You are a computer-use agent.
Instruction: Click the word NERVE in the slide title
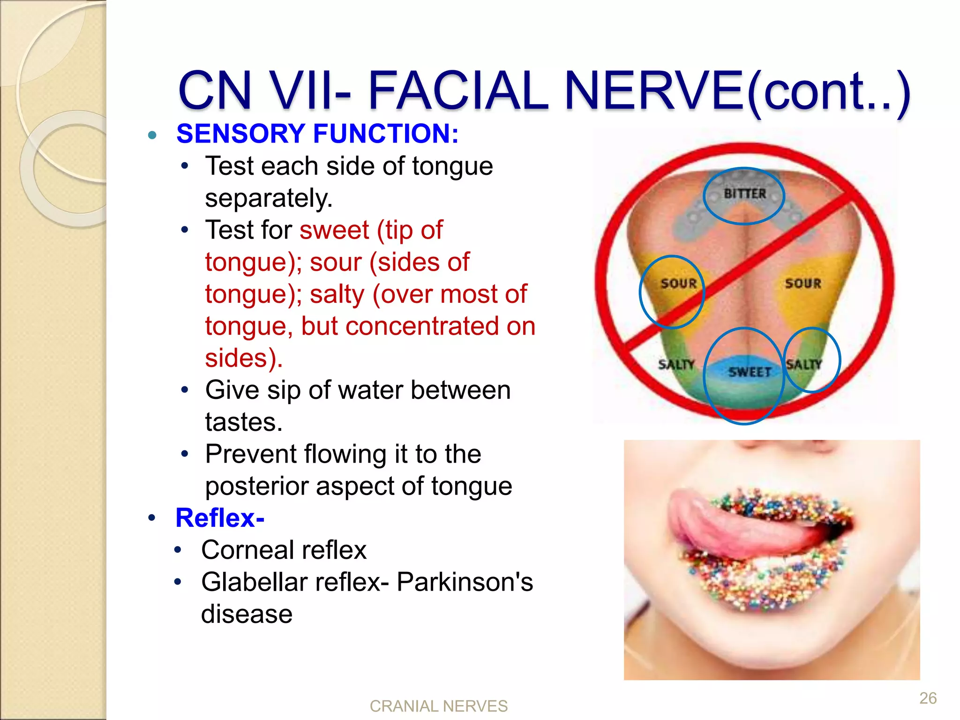tap(654, 90)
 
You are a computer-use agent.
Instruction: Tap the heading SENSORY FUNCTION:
tap(317, 134)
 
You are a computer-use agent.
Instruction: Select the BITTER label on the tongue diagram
tap(744, 194)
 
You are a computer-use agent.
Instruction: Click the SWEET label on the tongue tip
tap(750, 372)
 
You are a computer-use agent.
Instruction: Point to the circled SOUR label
tap(678, 284)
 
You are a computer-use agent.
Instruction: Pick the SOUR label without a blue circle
tap(803, 284)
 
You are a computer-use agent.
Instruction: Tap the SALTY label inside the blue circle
tap(804, 364)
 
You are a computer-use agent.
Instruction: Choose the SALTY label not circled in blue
tap(676, 364)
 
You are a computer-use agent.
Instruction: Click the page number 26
tap(928, 698)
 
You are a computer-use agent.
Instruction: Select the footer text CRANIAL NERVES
tap(438, 706)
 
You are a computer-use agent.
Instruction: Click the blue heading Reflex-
tap(220, 518)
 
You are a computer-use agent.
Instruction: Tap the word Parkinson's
tap(465, 582)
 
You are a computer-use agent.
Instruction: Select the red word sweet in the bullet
tap(334, 230)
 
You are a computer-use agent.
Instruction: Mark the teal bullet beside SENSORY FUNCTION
tap(152, 135)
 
